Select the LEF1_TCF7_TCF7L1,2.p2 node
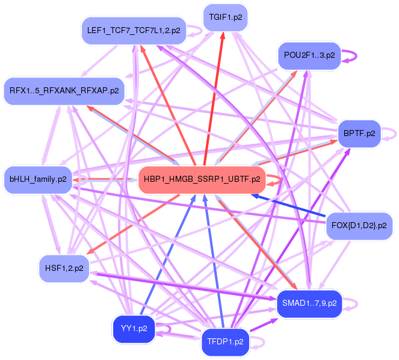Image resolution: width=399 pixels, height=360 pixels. [133, 30]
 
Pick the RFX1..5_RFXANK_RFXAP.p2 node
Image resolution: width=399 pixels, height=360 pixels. [64, 91]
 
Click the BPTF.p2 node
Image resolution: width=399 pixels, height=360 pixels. [359, 133]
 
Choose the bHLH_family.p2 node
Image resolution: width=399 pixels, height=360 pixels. [38, 179]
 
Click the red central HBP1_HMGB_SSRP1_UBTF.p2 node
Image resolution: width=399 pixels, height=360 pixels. [202, 179]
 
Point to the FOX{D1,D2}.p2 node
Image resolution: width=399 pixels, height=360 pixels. [359, 226]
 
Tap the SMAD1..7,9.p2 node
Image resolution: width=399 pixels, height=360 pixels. [309, 303]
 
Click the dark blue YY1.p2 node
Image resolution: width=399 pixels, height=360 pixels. [134, 329]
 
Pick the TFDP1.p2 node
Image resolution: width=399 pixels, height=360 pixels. [224, 341]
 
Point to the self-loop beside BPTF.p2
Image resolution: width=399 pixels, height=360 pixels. [393, 133]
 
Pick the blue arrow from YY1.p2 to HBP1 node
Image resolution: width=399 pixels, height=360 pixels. [165, 253]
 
